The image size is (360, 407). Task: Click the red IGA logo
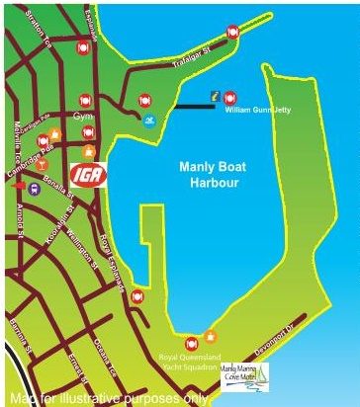(x=87, y=176)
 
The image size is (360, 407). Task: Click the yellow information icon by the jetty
(x=213, y=96)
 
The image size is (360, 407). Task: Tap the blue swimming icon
(x=148, y=121)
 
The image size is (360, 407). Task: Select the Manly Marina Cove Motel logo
(x=251, y=374)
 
